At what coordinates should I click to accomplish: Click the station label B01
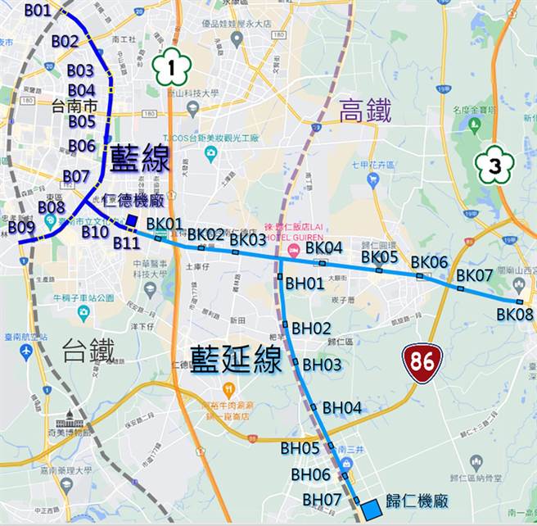click(38, 11)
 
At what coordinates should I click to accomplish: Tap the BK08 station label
click(514, 314)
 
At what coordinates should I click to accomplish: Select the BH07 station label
click(322, 499)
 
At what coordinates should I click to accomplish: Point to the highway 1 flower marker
click(171, 67)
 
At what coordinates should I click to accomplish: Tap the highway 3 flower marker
click(494, 165)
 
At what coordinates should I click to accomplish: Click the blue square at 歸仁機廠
click(371, 509)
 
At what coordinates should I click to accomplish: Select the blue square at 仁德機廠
click(133, 220)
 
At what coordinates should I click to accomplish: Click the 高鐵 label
click(365, 110)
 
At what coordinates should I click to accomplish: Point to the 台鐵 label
click(88, 351)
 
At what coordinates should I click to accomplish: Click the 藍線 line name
click(140, 159)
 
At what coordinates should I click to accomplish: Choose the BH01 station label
click(305, 283)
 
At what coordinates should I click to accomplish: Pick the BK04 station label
click(324, 247)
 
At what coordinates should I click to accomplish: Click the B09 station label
click(21, 226)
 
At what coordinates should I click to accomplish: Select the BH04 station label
click(341, 407)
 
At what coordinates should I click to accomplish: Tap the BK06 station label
click(429, 262)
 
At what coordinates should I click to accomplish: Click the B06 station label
click(82, 146)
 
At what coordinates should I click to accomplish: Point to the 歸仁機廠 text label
click(414, 501)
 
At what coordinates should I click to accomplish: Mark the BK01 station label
click(165, 224)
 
